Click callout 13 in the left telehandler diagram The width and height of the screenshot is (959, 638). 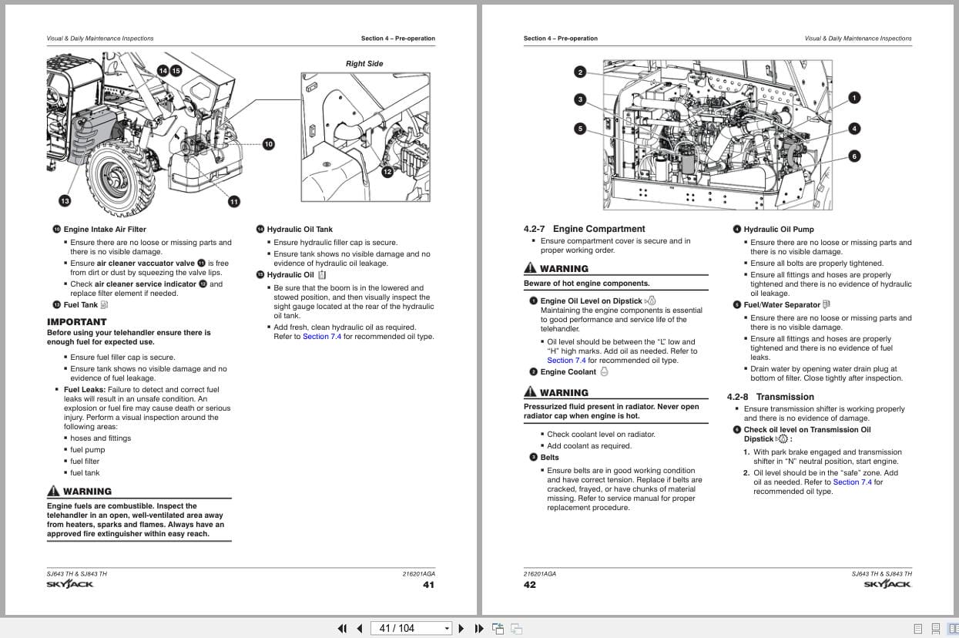click(x=65, y=201)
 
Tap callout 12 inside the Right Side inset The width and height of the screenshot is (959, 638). click(x=387, y=172)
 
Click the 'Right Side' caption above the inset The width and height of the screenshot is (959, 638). click(x=364, y=64)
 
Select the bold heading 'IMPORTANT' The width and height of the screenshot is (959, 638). click(x=77, y=322)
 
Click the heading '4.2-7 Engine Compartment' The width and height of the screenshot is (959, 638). click(x=584, y=229)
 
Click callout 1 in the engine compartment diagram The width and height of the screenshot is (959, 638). click(x=854, y=97)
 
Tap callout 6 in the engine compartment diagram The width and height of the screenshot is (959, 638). click(x=854, y=156)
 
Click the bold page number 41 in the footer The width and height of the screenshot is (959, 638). click(x=428, y=585)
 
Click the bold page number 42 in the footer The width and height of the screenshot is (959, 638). click(x=530, y=585)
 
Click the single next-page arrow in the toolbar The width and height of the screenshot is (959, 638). click(x=461, y=628)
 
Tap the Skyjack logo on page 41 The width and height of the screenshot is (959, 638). click(x=70, y=585)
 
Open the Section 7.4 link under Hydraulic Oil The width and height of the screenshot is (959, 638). click(x=322, y=336)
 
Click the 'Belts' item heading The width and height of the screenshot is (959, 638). click(x=549, y=458)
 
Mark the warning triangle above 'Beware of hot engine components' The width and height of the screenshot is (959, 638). click(x=530, y=268)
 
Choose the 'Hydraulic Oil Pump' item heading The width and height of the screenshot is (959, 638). click(x=778, y=230)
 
